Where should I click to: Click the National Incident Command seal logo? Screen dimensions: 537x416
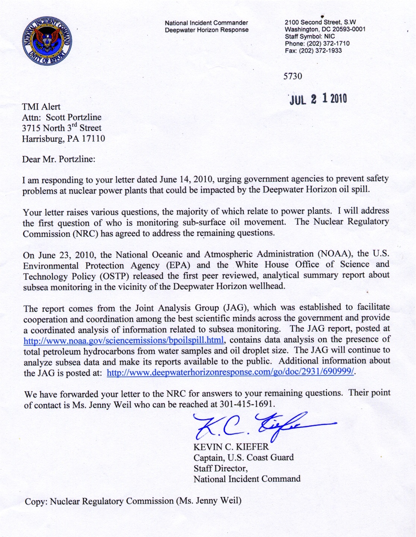(47, 41)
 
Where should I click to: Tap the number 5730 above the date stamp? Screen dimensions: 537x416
(293, 76)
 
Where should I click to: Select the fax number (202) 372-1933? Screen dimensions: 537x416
(313, 51)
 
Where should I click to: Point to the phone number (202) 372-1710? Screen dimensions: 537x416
(317, 44)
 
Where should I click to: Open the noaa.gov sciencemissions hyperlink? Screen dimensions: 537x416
(124, 340)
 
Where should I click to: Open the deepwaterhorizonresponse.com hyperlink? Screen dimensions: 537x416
(230, 373)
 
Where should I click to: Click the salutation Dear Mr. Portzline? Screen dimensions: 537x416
(59, 160)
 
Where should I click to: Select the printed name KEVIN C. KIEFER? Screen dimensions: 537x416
(231, 447)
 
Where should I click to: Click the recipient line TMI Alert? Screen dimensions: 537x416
(41, 107)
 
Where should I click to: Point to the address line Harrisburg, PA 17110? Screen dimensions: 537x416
(63, 139)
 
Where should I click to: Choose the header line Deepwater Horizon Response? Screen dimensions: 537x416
(207, 30)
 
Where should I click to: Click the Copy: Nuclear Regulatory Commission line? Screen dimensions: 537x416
(133, 501)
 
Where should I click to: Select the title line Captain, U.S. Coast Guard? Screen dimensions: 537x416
(243, 458)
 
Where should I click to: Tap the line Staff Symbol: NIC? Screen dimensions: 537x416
(310, 37)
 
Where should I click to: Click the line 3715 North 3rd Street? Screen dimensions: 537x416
(62, 128)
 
